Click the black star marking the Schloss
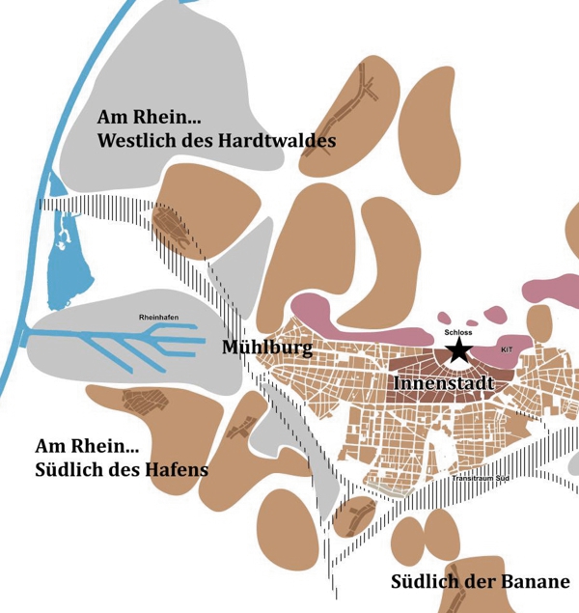pos(457,349)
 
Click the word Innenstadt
pos(444,383)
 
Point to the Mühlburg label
pos(267,348)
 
